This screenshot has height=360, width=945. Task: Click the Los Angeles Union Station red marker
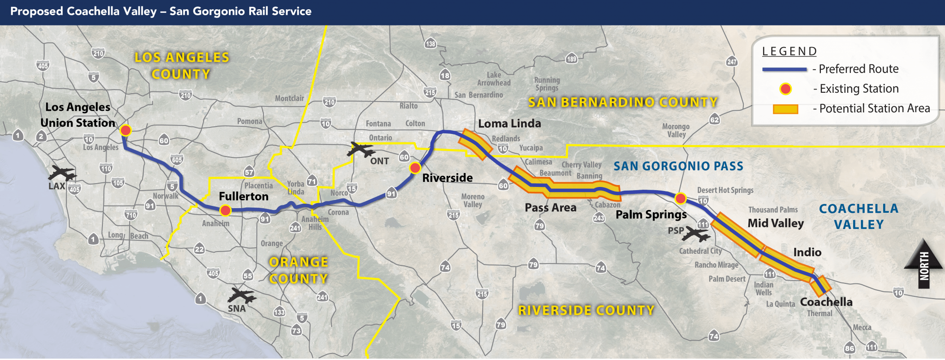tap(126, 130)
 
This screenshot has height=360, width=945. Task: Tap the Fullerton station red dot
tap(225, 211)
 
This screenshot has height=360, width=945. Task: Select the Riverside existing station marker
tap(415, 168)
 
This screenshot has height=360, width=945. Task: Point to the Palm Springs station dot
tap(680, 198)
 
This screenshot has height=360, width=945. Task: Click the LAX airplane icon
tap(63, 174)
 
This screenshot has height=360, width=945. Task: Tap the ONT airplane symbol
tap(360, 150)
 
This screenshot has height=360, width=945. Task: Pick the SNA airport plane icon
tap(241, 295)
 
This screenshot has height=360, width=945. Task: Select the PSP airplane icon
tap(696, 234)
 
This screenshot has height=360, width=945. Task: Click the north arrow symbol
tap(923, 264)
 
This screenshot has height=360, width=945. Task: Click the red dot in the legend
tap(785, 89)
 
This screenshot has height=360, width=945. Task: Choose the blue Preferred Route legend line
tap(784, 69)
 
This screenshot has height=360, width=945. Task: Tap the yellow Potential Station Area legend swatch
tap(785, 109)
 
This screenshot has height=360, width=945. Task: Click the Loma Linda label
tap(509, 124)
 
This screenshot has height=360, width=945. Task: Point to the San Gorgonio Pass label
tap(678, 166)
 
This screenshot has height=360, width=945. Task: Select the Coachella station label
tap(826, 302)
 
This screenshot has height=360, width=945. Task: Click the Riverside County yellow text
tap(586, 310)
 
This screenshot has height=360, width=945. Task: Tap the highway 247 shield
tap(732, 62)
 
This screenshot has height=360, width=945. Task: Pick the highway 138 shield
tap(431, 44)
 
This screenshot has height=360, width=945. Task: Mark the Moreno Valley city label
tap(472, 200)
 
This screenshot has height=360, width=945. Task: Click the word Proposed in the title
tap(37, 12)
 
